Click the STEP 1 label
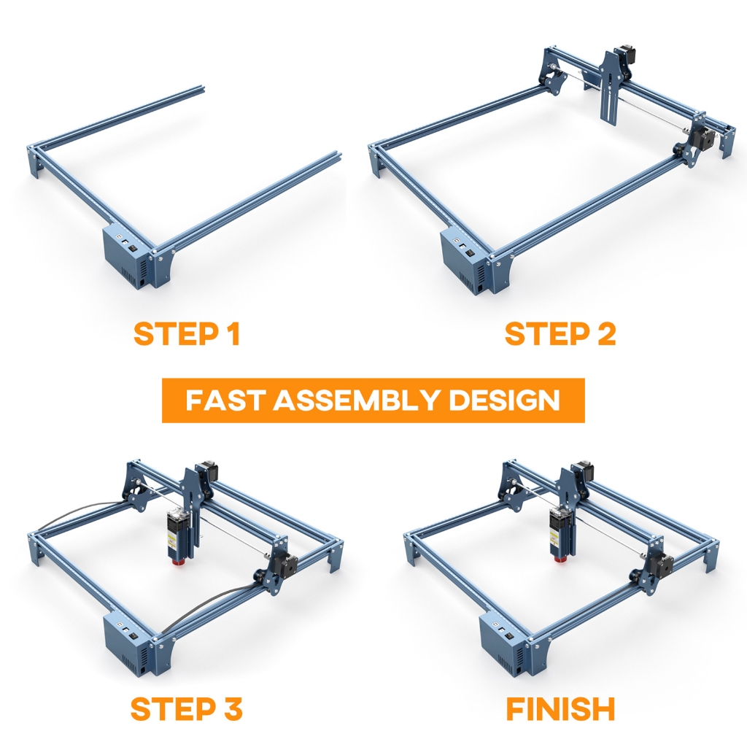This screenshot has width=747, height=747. coord(187,333)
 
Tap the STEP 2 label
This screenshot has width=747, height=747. coord(560,333)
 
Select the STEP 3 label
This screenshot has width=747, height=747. coord(186,708)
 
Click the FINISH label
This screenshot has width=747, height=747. coord(560,708)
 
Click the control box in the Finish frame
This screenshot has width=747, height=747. coord(504,644)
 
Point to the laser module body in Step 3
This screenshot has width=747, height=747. coord(178,534)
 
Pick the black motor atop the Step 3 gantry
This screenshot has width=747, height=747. coord(209,471)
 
